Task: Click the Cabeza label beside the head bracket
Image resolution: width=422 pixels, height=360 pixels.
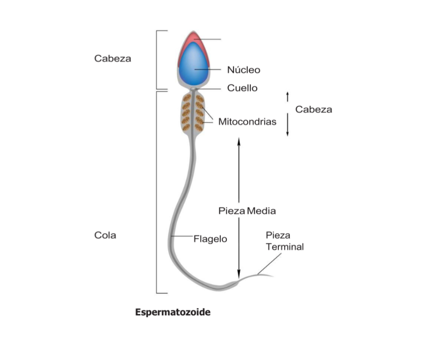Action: (112, 59)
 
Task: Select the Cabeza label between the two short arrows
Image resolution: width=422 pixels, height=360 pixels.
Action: (313, 109)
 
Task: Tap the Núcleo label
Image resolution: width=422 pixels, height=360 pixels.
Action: (244, 70)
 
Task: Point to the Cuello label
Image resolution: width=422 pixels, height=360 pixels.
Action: (242, 88)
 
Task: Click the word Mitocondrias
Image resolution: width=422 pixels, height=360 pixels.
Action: (247, 122)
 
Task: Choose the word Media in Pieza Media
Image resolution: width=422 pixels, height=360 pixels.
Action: (261, 211)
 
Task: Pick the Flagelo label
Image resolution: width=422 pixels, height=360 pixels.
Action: (210, 239)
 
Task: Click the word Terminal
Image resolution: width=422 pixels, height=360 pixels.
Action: (285, 247)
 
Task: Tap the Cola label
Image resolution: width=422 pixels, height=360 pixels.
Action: (105, 235)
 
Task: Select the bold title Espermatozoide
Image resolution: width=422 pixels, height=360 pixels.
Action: (173, 312)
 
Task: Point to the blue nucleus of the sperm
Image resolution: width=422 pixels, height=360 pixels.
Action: (194, 64)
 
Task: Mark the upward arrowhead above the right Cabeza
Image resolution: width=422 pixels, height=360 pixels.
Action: (287, 94)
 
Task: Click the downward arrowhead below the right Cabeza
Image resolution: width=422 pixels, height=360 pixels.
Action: (287, 134)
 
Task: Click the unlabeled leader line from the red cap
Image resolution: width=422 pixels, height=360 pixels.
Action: (207, 39)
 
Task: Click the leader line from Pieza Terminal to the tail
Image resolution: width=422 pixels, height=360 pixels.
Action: (269, 264)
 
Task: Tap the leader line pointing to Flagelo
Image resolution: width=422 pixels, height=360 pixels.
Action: (182, 236)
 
